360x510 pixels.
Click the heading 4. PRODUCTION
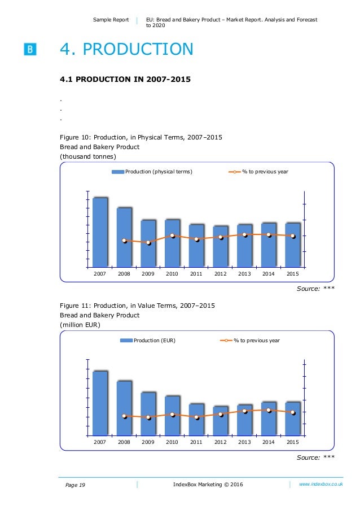click(126, 49)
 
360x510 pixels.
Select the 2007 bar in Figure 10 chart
click(100, 232)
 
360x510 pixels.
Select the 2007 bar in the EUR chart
click(100, 403)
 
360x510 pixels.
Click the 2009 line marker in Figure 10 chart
click(148, 243)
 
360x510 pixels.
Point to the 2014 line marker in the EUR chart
click(269, 410)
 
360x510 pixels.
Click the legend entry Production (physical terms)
click(152, 172)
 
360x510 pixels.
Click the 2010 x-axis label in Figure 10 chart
click(172, 274)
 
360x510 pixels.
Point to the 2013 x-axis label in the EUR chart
click(245, 442)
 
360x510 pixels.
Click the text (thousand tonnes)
click(88, 156)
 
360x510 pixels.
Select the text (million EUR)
click(80, 325)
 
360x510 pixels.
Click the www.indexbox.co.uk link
click(321, 485)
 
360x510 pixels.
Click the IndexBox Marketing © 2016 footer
click(208, 485)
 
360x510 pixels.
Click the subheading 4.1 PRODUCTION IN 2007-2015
click(125, 79)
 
